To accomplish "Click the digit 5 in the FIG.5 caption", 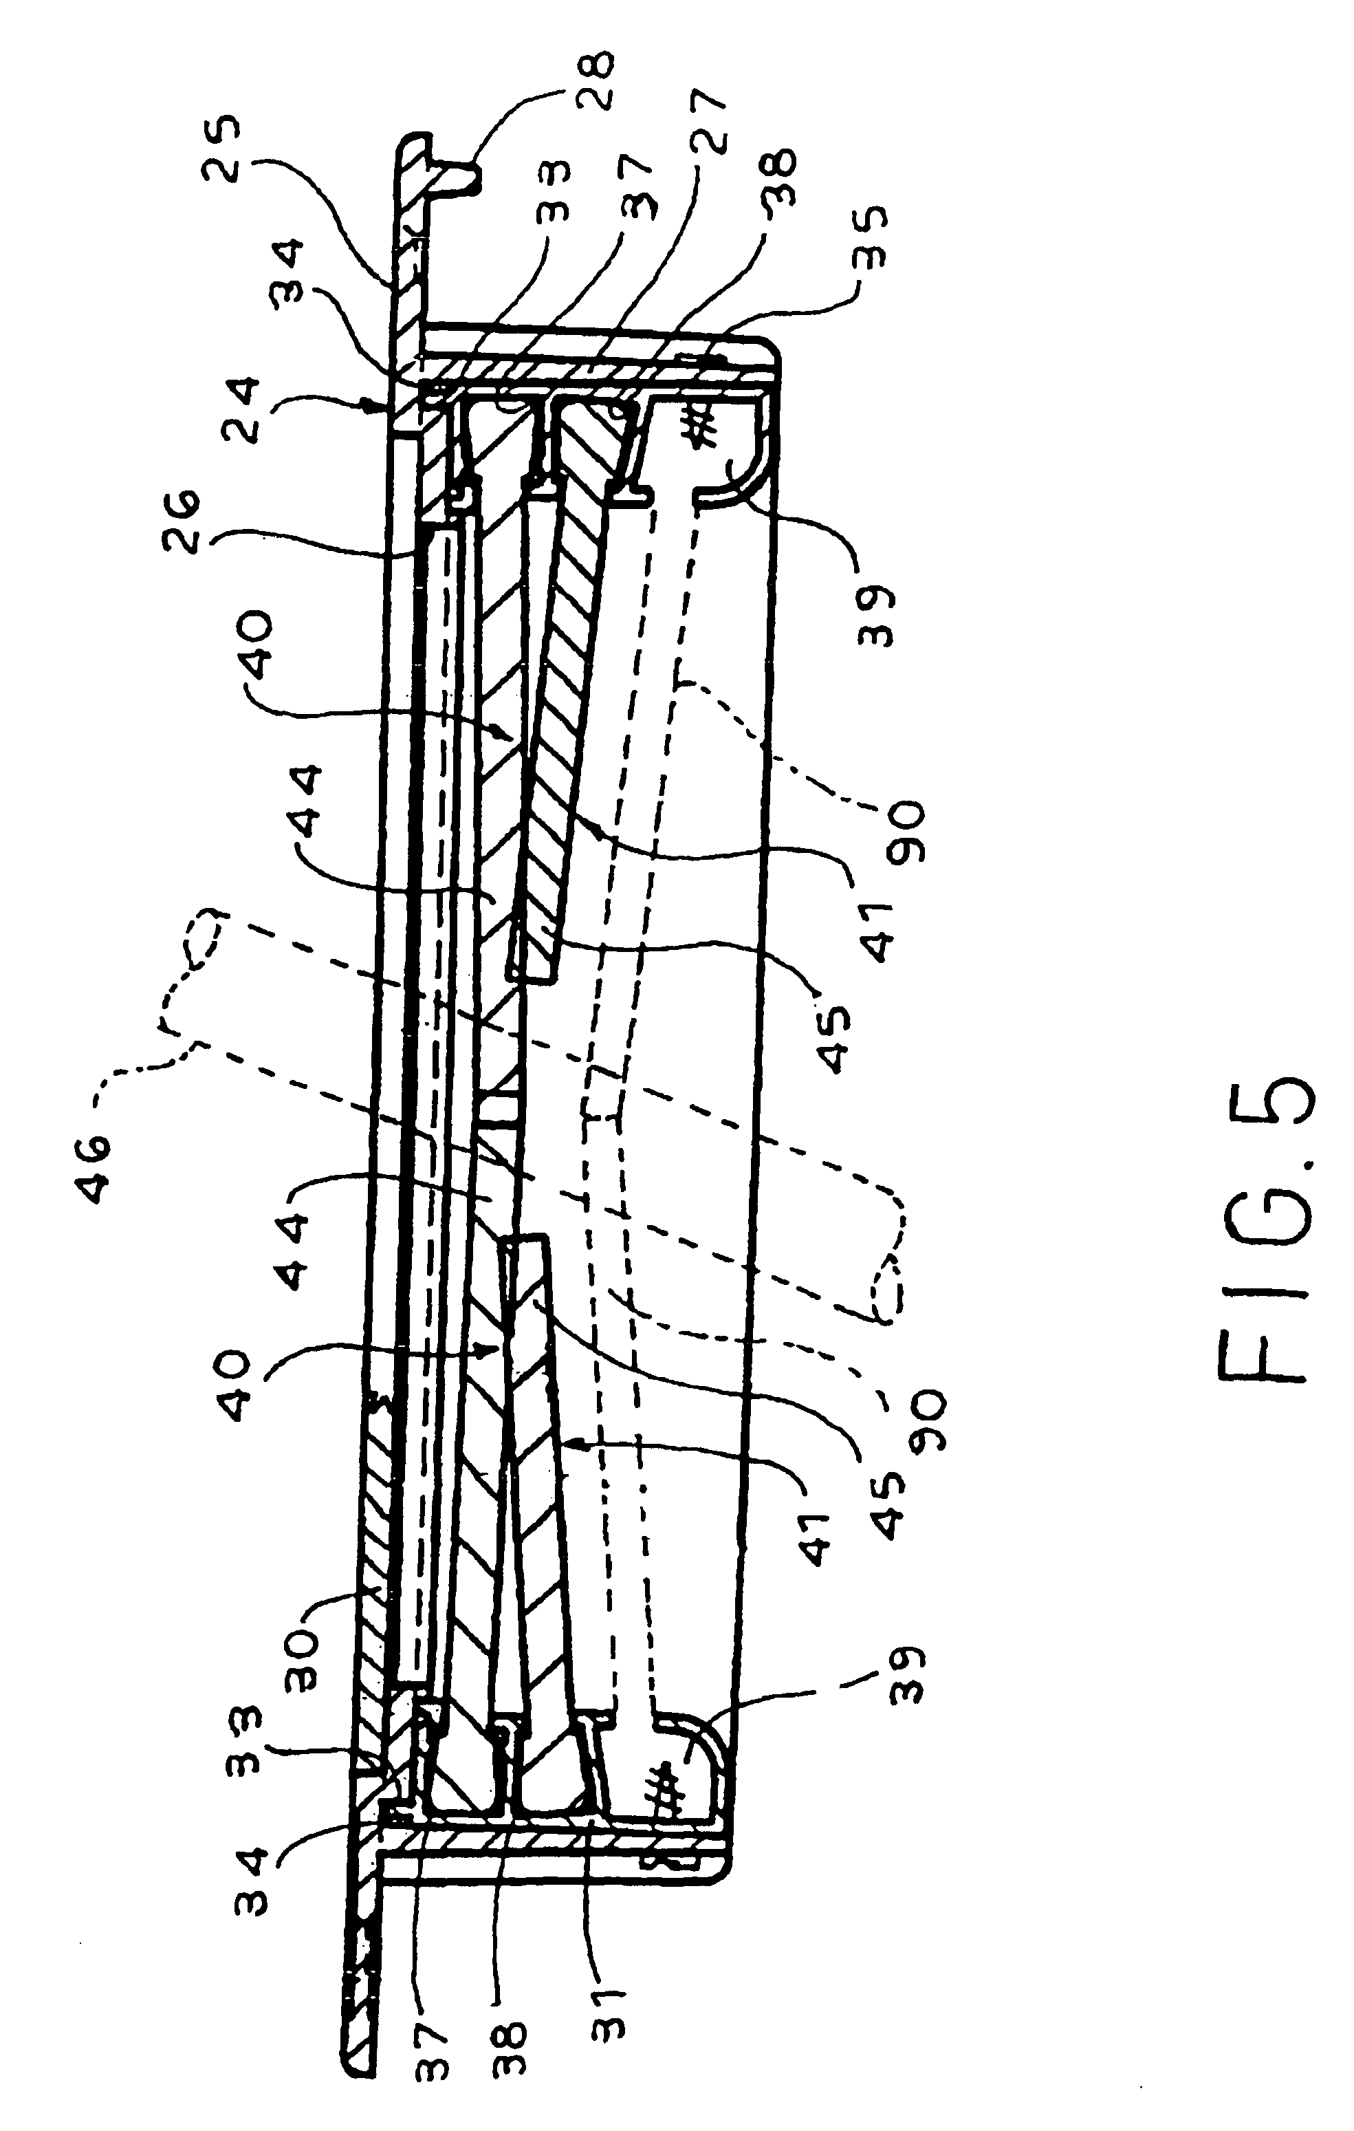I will (1265, 1119).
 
